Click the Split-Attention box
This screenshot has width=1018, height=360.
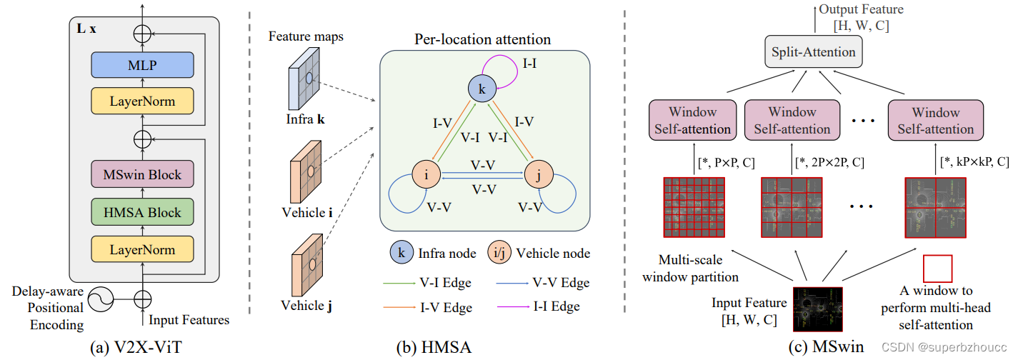[x=812, y=52]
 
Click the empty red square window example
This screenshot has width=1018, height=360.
[x=938, y=269]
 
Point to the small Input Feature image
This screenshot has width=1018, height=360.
[x=815, y=308]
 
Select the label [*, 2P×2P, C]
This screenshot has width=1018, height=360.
[x=829, y=162]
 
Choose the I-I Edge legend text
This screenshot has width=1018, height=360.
[x=554, y=306]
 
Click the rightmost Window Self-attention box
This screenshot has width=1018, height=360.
[x=935, y=121]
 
